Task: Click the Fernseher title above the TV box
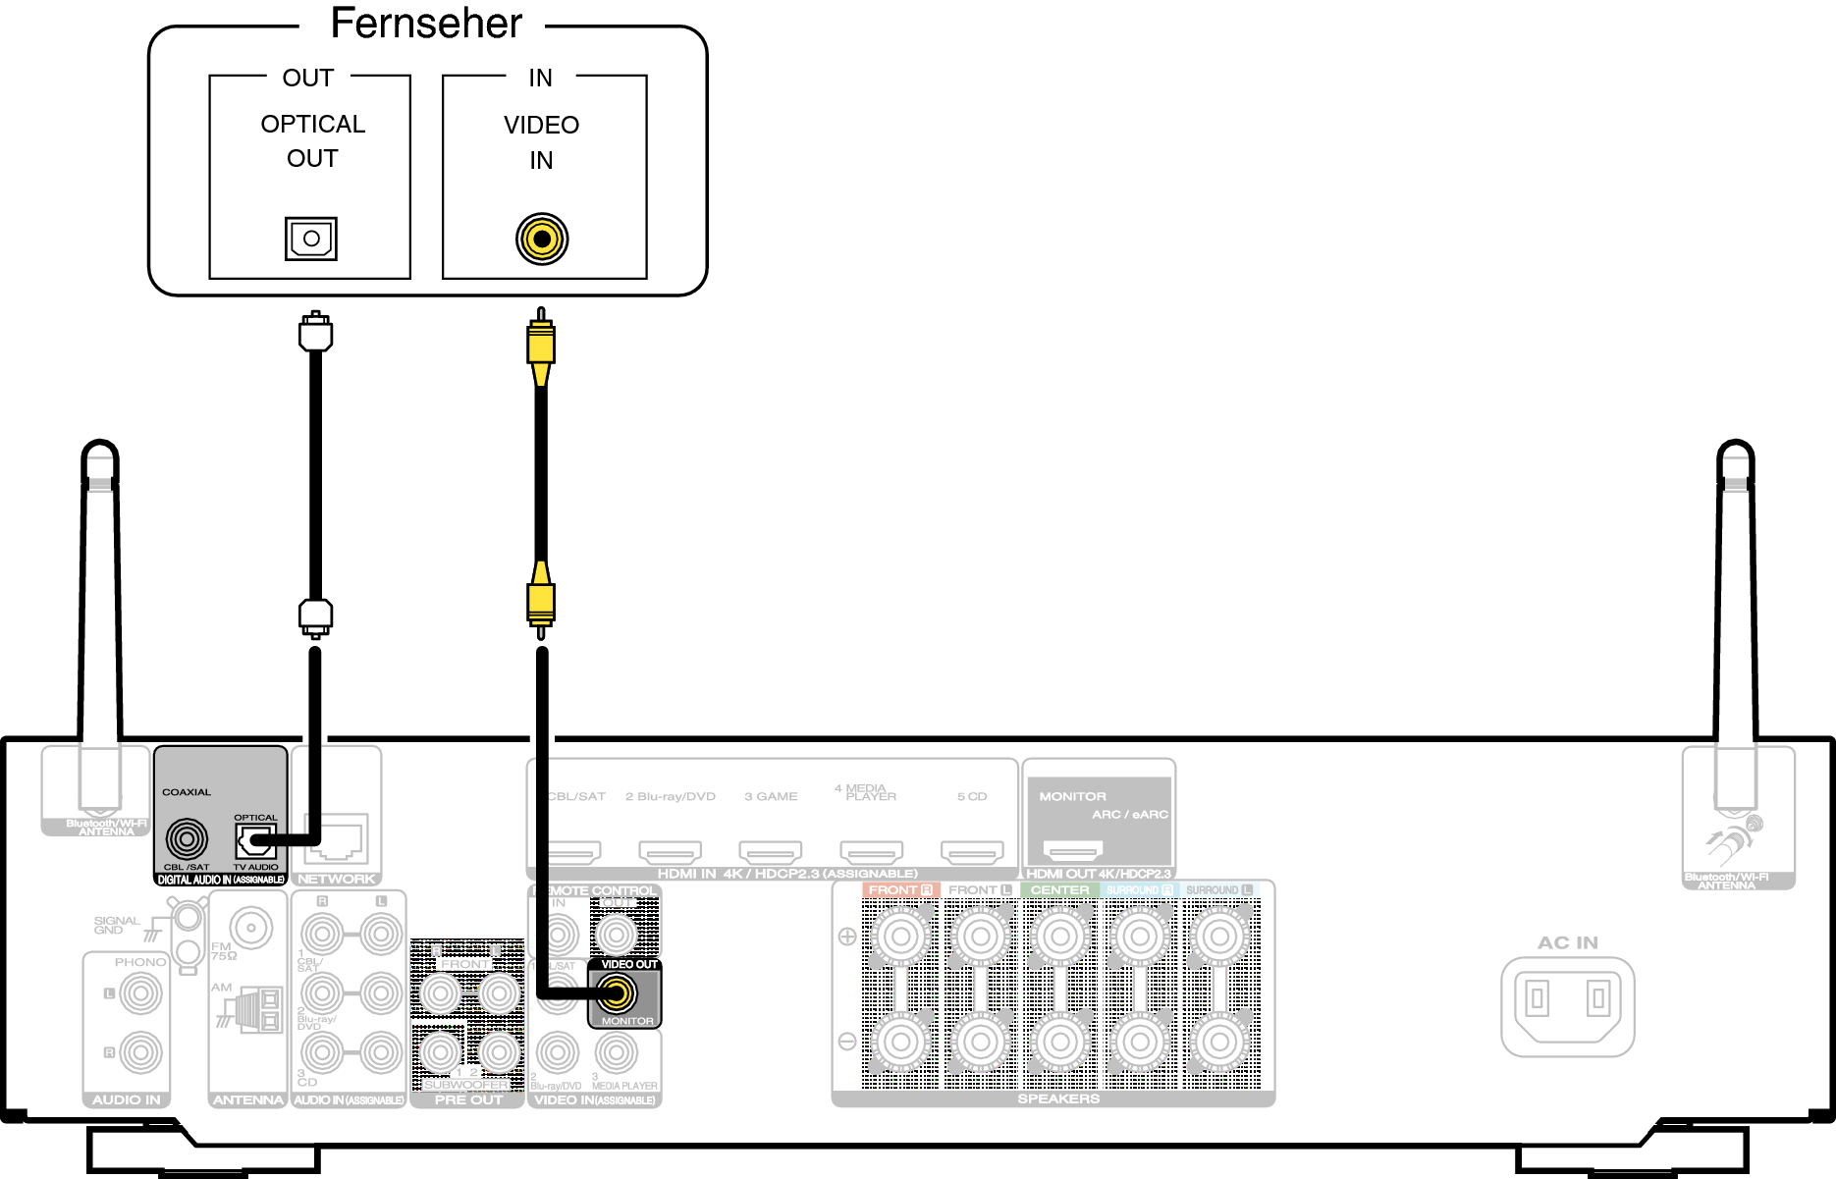[426, 24]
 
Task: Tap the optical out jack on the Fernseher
[311, 239]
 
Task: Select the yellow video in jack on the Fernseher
[542, 239]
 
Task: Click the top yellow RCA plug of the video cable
[541, 339]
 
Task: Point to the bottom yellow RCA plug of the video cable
[541, 599]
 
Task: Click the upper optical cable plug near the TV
[315, 332]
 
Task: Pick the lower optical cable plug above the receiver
[315, 616]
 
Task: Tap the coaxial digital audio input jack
[187, 839]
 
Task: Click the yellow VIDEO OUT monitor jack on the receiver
[617, 994]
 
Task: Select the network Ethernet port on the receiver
[336, 837]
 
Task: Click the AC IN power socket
[1567, 1005]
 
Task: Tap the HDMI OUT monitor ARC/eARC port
[1072, 849]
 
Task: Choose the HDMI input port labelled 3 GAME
[771, 850]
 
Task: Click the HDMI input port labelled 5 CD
[972, 850]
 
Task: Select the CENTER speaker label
[1059, 890]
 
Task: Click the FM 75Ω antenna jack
[251, 927]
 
